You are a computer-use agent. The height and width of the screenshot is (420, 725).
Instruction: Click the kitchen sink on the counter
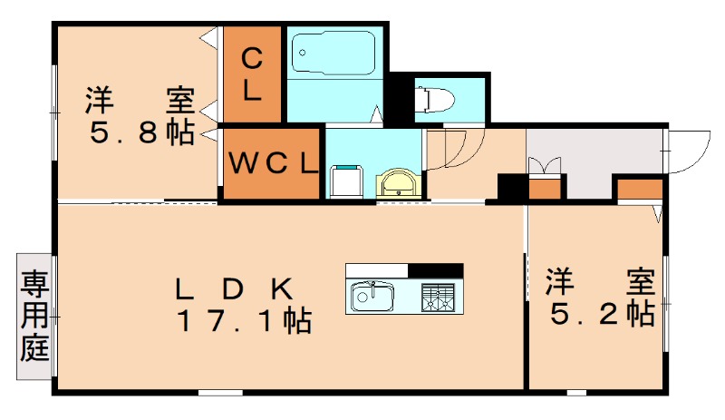[371, 296]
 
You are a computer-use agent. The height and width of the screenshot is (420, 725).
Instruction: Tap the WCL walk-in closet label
[272, 164]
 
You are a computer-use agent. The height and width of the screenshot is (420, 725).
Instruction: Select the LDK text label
[234, 289]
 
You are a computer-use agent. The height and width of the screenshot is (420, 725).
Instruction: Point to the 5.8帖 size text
[141, 133]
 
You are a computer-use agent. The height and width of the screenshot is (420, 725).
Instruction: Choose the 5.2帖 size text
[603, 313]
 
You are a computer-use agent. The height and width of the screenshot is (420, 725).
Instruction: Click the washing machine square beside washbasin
[345, 181]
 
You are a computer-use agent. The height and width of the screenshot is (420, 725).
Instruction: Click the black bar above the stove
[435, 269]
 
